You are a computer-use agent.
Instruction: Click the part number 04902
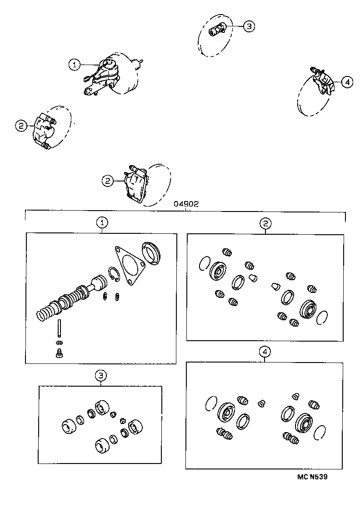pyautogui.click(x=186, y=205)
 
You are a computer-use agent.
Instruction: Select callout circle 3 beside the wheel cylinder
pyautogui.click(x=249, y=26)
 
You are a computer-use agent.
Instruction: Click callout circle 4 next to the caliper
pyautogui.click(x=347, y=82)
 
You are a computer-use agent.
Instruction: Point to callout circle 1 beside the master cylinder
pyautogui.click(x=75, y=65)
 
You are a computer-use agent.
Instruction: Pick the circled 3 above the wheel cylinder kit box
pyautogui.click(x=101, y=375)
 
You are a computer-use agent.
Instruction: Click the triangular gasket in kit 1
pyautogui.click(x=129, y=268)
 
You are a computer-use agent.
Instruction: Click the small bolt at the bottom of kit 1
pyautogui.click(x=59, y=354)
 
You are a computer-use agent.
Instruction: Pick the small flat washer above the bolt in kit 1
pyautogui.click(x=60, y=342)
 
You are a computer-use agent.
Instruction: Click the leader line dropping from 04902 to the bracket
pyautogui.click(x=186, y=209)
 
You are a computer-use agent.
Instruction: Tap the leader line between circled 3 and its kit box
pyautogui.click(x=101, y=383)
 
